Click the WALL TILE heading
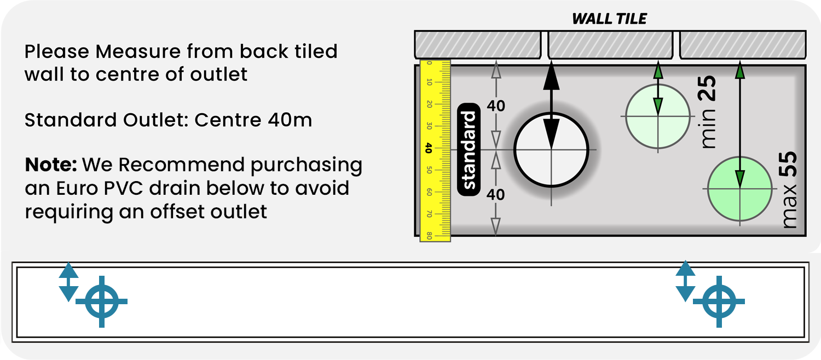[609, 19]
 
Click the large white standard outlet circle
[551, 149]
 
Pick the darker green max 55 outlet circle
[739, 189]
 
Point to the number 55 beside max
[789, 164]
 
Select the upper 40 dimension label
[496, 106]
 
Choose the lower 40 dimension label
[496, 194]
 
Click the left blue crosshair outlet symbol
[101, 301]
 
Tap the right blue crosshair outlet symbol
[719, 301]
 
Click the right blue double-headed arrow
[685, 281]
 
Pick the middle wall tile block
[610, 44]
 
